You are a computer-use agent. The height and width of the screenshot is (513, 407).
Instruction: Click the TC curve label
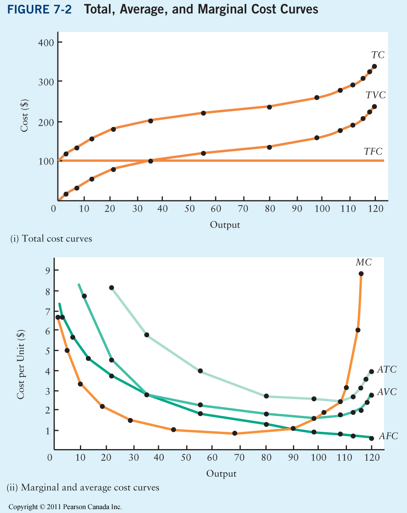click(x=378, y=55)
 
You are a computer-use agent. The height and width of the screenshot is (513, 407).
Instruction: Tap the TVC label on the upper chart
click(x=375, y=95)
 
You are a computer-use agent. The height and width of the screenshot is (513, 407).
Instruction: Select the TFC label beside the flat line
click(x=373, y=151)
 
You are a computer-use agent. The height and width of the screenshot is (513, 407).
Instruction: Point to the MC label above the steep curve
click(x=363, y=263)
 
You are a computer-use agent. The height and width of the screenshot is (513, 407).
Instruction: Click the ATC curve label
click(x=387, y=370)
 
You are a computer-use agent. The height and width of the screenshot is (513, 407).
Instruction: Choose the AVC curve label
click(x=387, y=392)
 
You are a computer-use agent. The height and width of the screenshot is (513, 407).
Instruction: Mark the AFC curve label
click(x=388, y=436)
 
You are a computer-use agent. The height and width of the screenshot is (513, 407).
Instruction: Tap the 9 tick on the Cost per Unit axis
click(x=47, y=270)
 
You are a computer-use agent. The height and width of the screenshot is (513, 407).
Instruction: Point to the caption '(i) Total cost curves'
click(x=51, y=238)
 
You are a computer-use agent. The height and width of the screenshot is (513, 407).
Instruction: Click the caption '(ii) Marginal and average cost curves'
click(x=83, y=488)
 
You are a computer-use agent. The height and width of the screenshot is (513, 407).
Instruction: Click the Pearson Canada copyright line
click(x=65, y=507)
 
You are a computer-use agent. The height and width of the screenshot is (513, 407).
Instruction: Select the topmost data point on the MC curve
click(x=361, y=274)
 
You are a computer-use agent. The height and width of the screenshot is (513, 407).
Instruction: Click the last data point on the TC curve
click(x=374, y=66)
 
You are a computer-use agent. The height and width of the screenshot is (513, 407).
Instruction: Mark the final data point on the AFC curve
click(x=372, y=438)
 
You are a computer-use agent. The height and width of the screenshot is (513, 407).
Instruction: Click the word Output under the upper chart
click(x=225, y=225)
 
